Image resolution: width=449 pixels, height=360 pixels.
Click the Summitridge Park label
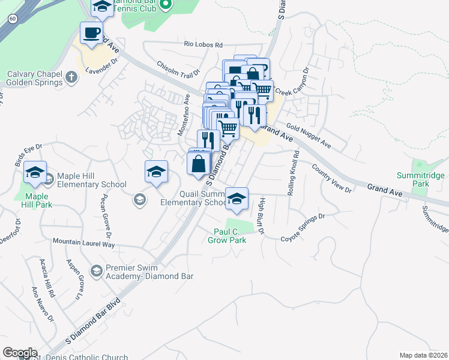pos(421,179)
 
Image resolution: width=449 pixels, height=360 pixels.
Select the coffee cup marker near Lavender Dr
pos(91,32)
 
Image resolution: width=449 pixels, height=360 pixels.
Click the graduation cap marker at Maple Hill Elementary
pos(35,173)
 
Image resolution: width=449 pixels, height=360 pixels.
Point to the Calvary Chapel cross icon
pos(71,77)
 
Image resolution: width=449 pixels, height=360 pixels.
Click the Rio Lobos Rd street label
pos(203,44)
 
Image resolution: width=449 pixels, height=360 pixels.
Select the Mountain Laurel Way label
pos(83,243)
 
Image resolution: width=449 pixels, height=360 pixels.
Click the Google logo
pos(20,353)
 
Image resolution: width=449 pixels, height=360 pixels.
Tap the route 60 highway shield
pos(12,19)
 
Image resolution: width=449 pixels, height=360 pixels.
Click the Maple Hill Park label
pos(37,200)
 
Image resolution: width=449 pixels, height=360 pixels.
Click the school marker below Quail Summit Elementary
pos(237,198)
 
